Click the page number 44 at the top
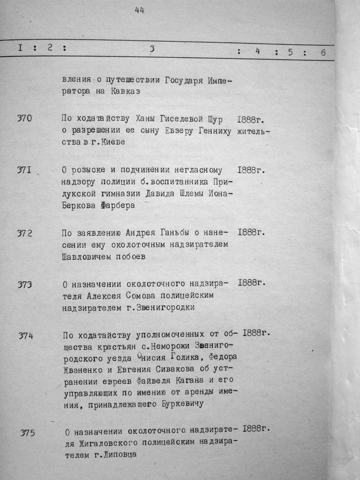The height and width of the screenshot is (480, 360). click(x=140, y=11)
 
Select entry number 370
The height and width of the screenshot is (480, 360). click(x=24, y=119)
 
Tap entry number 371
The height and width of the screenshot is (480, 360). click(x=24, y=170)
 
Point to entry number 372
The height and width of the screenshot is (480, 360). click(x=25, y=233)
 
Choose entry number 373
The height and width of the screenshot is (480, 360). click(x=25, y=284)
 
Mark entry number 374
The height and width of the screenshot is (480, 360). click(x=26, y=336)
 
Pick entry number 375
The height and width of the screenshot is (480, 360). click(x=27, y=433)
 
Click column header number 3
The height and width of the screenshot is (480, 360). click(x=152, y=50)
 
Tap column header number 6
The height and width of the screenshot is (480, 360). click(x=323, y=52)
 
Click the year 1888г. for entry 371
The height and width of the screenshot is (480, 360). click(x=251, y=170)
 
